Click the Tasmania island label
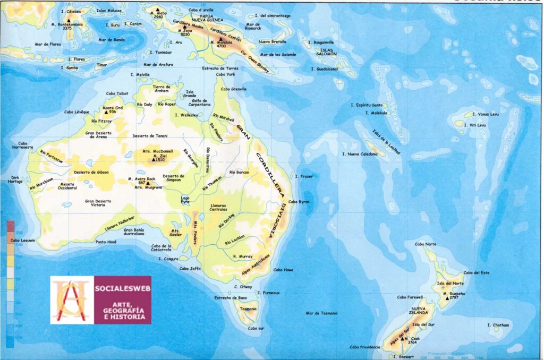pyautogui.click(x=248, y=308)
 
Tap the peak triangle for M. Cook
pyautogui.click(x=406, y=338)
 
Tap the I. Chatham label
pyautogui.click(x=498, y=325)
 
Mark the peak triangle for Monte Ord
pyautogui.click(x=105, y=112)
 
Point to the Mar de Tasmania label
pyautogui.click(x=321, y=313)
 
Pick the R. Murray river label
pyautogui.click(x=242, y=256)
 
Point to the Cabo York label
pyautogui.click(x=225, y=74)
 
